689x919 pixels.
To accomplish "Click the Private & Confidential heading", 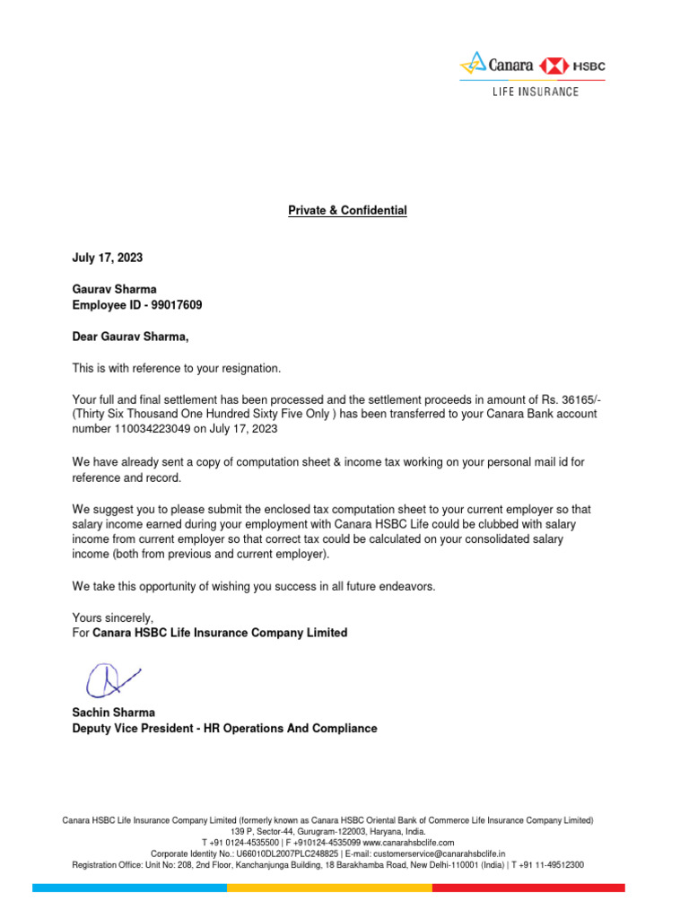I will [347, 210].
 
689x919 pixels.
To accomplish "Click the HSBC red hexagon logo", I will [553, 65].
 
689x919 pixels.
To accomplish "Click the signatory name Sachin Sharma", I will [113, 713].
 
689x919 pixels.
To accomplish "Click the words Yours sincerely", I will [112, 617].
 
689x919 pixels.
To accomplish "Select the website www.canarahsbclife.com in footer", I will [408, 843].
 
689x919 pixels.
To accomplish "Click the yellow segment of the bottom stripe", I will [329, 888].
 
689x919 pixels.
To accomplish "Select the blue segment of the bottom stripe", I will [129, 888].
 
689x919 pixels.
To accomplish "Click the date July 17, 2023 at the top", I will [107, 258].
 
